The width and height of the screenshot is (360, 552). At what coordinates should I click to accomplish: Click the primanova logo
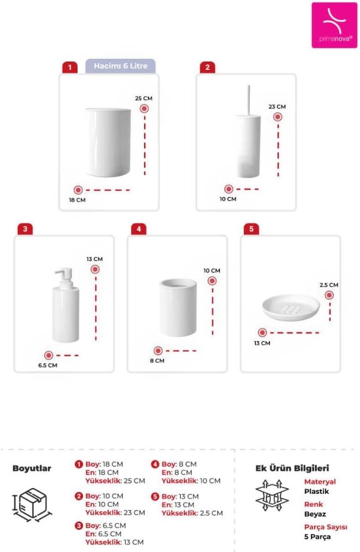pos(334,25)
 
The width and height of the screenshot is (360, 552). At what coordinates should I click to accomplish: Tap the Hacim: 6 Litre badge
pos(120,66)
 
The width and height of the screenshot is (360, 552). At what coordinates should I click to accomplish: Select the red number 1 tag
pos(70,67)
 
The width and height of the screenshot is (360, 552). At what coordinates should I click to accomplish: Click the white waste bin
pos(107,142)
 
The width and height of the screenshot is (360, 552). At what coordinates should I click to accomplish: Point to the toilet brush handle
pos(249,100)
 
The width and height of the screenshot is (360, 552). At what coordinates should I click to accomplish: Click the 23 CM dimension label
pos(277,106)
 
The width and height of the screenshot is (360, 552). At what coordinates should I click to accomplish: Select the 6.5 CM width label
pos(48,365)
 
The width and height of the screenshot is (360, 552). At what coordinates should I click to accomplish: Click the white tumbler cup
pos(178,308)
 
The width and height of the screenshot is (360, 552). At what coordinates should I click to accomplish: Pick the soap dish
pos(291,308)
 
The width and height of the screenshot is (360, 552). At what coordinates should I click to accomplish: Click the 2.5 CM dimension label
pos(328,285)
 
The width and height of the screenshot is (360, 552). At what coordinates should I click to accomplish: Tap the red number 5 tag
pos(251,229)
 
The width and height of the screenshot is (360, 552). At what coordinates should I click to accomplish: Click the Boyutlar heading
pos(32,468)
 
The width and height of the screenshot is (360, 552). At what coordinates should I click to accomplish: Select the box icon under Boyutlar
pos(32,504)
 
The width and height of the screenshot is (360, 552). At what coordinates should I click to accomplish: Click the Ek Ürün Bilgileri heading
pos(292,468)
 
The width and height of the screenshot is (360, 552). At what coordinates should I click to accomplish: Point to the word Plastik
pos(316,492)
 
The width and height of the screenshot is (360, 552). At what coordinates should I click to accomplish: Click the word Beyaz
pos(315,514)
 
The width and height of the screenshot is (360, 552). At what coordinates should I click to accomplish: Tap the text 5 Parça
pos(317,537)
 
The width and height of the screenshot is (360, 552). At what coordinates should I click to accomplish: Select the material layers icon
pos(272,495)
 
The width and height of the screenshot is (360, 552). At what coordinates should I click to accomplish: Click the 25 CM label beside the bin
pos(143,99)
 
